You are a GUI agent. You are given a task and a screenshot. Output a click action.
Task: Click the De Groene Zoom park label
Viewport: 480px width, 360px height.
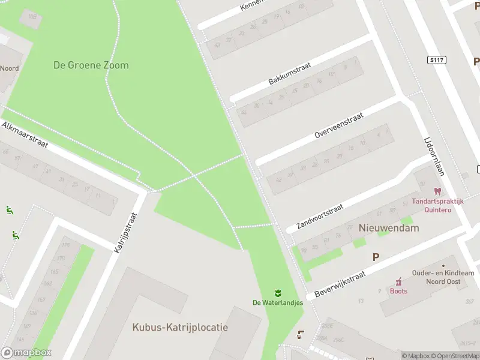[91, 65]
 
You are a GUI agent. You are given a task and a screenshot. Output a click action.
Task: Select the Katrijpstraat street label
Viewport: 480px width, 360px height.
[126, 231]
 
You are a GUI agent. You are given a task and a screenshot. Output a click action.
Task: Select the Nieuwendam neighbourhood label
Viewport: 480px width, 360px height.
[389, 228]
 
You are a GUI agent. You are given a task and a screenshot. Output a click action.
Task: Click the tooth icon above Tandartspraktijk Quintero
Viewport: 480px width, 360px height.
[436, 191]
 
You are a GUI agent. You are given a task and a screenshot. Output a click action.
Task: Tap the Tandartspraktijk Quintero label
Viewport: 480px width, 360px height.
[437, 206]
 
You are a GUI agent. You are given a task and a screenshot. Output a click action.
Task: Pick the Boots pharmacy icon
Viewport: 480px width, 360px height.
[398, 281]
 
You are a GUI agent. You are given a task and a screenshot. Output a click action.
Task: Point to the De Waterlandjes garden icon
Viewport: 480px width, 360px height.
[278, 292]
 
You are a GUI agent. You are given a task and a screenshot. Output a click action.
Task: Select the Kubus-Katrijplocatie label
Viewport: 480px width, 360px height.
[180, 328]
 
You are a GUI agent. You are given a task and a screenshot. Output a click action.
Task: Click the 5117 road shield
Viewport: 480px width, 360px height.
[437, 59]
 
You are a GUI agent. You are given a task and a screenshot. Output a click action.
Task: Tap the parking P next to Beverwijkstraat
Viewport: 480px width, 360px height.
[376, 257]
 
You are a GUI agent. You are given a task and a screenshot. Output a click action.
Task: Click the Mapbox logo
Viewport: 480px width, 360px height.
[26, 353]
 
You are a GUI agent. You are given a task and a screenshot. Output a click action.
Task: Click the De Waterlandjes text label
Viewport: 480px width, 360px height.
[277, 302]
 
